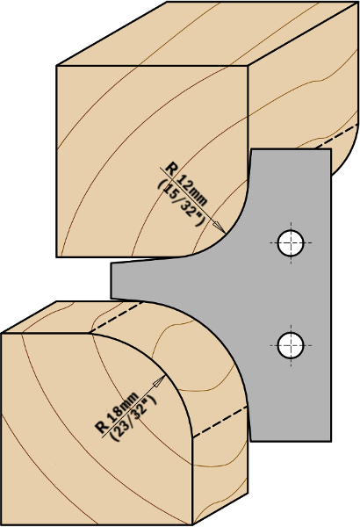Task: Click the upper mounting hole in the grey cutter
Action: (291, 242)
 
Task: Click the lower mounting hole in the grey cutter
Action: (291, 345)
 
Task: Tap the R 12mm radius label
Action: (186, 184)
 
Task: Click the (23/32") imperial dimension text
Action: (133, 419)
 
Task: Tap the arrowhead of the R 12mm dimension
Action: (220, 227)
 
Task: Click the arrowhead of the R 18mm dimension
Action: (159, 381)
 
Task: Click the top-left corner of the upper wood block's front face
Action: (56, 66)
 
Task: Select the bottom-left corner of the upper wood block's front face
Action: (56, 257)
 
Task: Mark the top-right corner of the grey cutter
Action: (331, 149)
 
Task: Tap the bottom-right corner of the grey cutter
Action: (331, 441)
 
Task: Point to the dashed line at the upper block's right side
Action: (336, 136)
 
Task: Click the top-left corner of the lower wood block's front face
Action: (2, 334)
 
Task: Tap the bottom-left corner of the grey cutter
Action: (251, 441)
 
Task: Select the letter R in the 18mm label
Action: (102, 427)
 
